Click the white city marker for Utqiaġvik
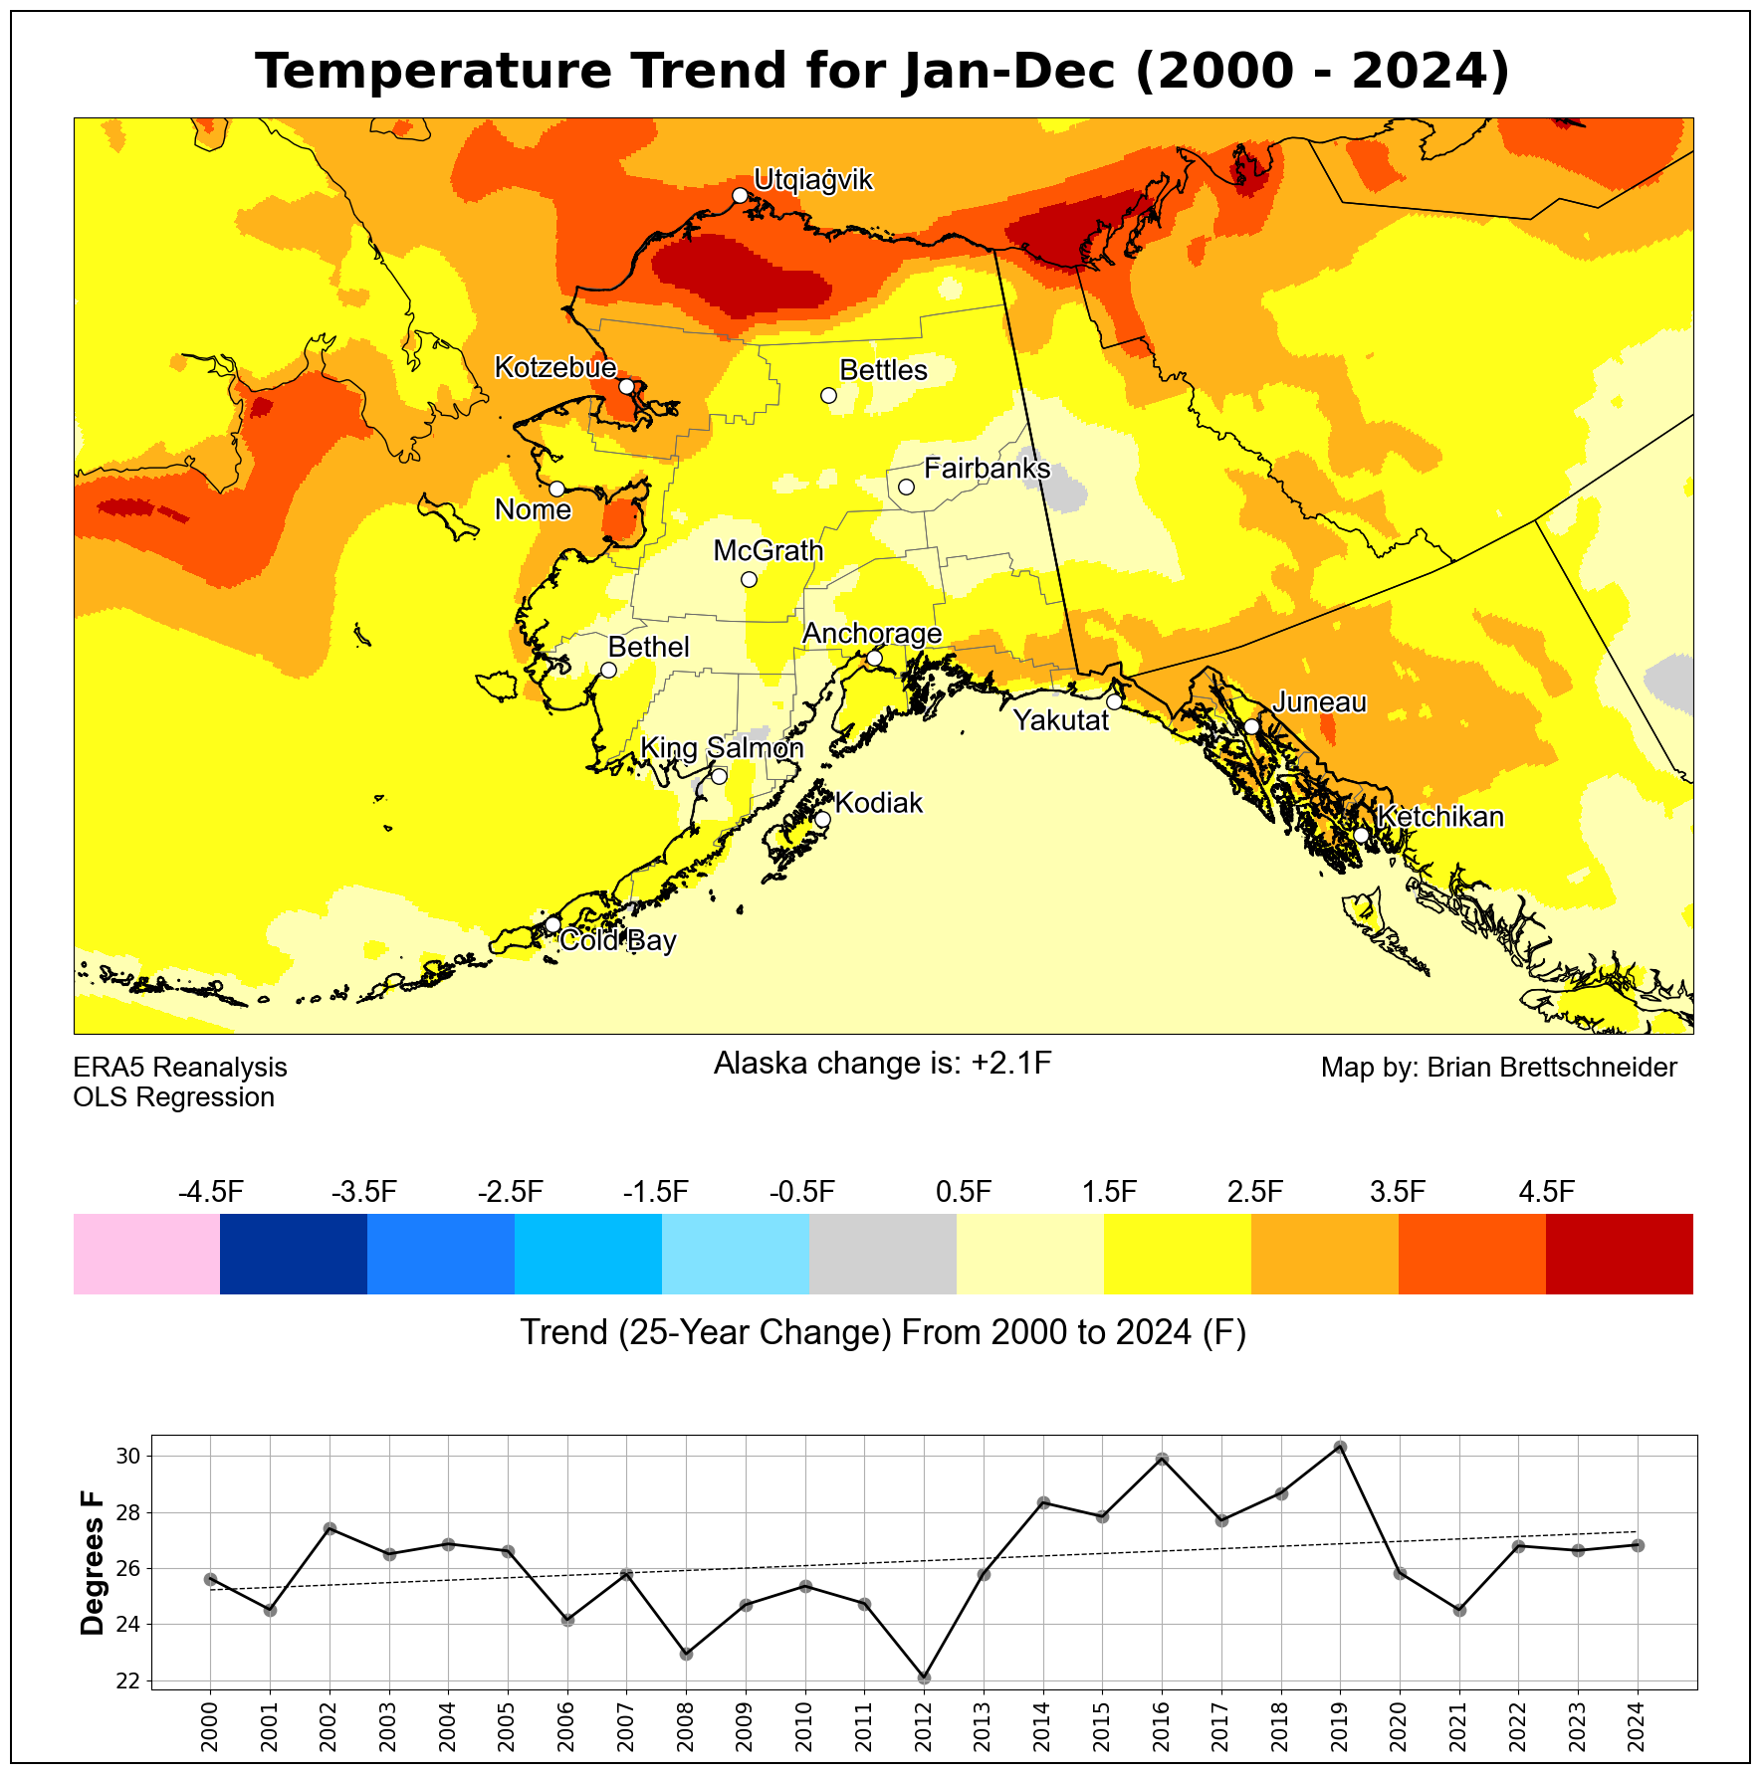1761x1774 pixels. tap(740, 195)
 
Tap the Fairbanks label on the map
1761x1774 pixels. tap(987, 469)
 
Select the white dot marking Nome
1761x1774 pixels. tap(557, 489)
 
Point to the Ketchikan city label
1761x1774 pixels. tap(1440, 817)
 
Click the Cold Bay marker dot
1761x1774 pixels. tap(552, 924)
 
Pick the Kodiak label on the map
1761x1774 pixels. tap(879, 803)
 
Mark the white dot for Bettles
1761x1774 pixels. tap(828, 395)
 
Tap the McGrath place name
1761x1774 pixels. tap(769, 550)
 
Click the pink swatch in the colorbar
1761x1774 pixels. tap(146, 1254)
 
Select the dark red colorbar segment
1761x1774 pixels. tap(1619, 1254)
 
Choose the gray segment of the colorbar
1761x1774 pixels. tap(883, 1254)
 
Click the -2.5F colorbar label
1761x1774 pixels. tap(511, 1192)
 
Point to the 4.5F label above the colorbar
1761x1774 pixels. tap(1546, 1192)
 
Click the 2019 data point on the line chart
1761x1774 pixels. tap(1340, 1447)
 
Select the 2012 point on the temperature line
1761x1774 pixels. tap(924, 1677)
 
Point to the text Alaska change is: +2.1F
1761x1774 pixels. tap(882, 1064)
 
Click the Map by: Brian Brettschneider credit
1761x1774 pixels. tap(1498, 1068)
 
